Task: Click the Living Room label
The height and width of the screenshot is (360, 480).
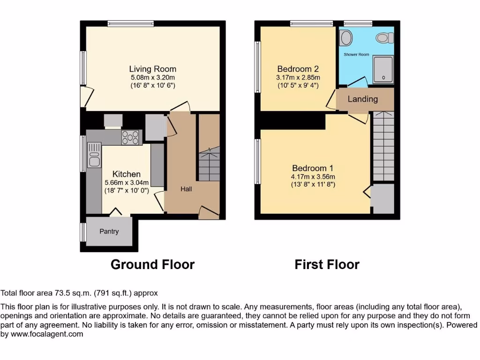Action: tap(153, 69)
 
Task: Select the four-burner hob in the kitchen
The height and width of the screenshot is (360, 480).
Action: tap(131, 137)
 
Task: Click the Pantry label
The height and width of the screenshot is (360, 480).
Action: tap(109, 232)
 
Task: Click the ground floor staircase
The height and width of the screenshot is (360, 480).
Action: tap(209, 164)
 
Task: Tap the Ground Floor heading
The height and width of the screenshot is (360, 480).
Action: tap(152, 265)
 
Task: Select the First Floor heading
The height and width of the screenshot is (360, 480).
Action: tap(327, 265)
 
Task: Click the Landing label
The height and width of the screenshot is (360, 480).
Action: tap(363, 99)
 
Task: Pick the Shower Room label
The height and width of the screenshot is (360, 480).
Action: tap(356, 55)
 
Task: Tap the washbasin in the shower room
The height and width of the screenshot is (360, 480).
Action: tap(346, 38)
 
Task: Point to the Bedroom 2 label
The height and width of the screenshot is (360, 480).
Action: tap(298, 68)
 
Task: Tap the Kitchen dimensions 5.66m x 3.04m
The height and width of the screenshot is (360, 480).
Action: tap(127, 183)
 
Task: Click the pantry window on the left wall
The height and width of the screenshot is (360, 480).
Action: tap(83, 232)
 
